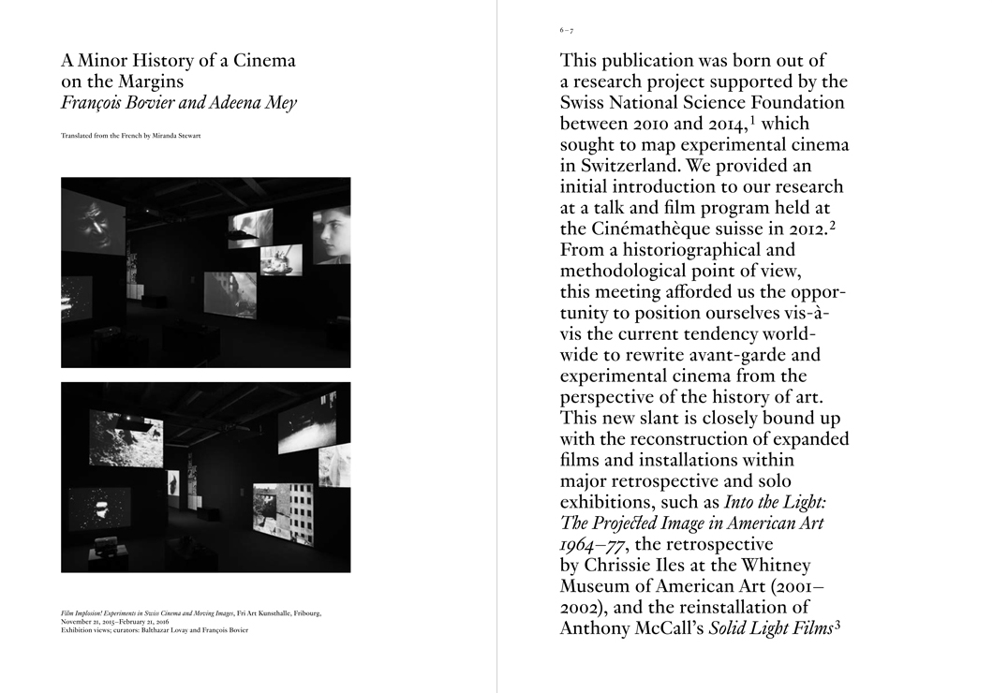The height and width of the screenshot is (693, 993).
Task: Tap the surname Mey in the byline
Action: [x=278, y=103]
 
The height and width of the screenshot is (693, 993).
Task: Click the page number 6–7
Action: [x=567, y=31]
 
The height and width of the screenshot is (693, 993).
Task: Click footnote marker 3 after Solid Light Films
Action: [x=839, y=626]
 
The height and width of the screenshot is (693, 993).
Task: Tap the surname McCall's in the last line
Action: [x=665, y=629]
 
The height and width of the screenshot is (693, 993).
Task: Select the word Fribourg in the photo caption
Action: [x=304, y=613]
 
